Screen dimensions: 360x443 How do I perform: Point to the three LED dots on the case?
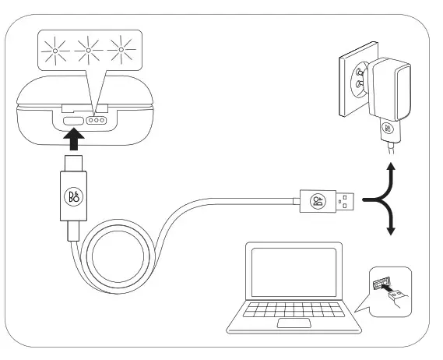(97, 121)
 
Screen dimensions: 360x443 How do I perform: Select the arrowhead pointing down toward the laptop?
(391, 231)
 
